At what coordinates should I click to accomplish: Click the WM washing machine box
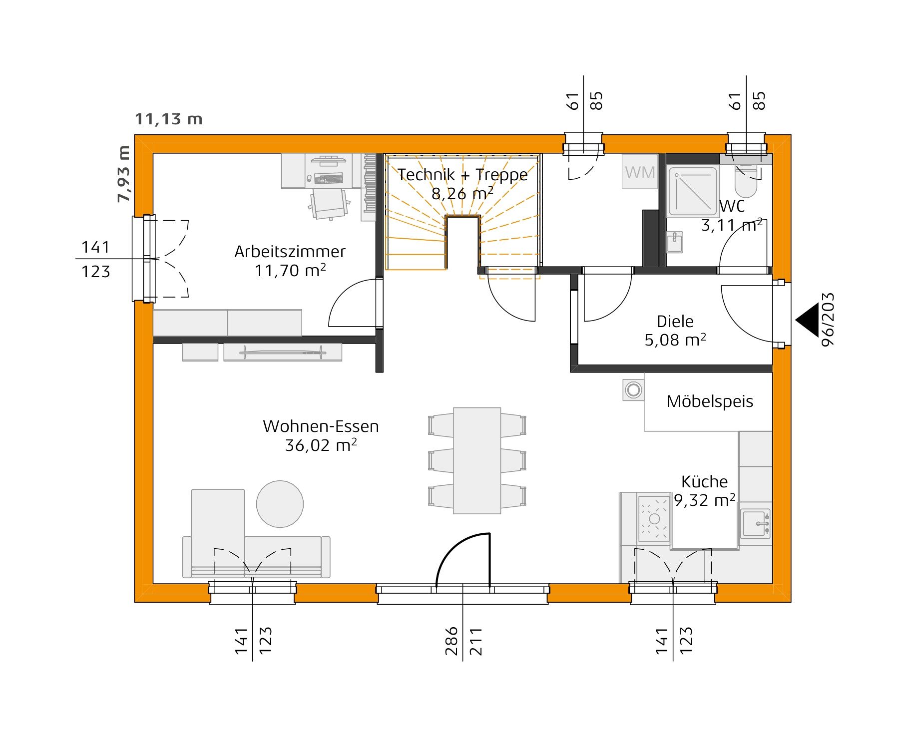pyautogui.click(x=640, y=172)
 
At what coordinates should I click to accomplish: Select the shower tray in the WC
pyautogui.click(x=693, y=191)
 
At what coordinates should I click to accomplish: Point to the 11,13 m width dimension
pyautogui.click(x=169, y=119)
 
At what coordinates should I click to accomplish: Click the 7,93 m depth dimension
pyautogui.click(x=123, y=174)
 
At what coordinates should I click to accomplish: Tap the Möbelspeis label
pyautogui.click(x=710, y=401)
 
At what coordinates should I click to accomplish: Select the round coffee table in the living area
pyautogui.click(x=280, y=504)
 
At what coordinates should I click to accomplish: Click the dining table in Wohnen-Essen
pyautogui.click(x=477, y=460)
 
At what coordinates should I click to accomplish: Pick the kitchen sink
pyautogui.click(x=755, y=523)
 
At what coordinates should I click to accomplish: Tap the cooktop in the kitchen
pyautogui.click(x=654, y=518)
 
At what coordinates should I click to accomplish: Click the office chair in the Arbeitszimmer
pyautogui.click(x=329, y=204)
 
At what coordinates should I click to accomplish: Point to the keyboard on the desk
pyautogui.click(x=329, y=178)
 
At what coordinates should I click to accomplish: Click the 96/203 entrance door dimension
pyautogui.click(x=828, y=320)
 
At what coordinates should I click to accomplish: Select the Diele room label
pyautogui.click(x=675, y=321)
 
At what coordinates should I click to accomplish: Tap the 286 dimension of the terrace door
pyautogui.click(x=451, y=641)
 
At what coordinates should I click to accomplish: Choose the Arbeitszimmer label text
pyautogui.click(x=290, y=251)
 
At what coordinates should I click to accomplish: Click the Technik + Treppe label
pyautogui.click(x=462, y=175)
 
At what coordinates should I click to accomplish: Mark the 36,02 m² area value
pyautogui.click(x=321, y=445)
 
